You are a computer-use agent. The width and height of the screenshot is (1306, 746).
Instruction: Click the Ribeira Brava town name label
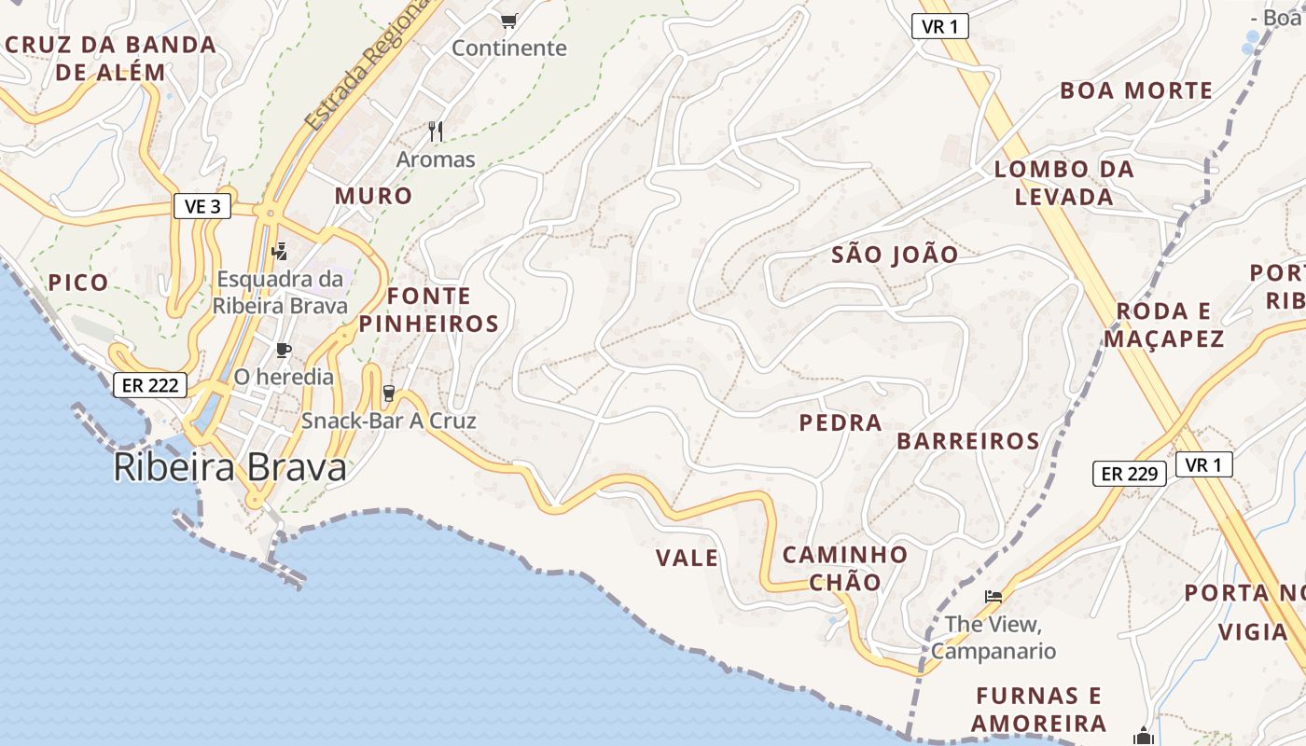coord(229,468)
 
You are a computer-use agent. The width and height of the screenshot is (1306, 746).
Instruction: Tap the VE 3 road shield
coord(202,206)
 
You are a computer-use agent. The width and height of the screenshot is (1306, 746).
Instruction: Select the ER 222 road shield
coord(149,385)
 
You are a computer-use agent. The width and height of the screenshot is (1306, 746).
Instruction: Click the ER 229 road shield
coord(1130,474)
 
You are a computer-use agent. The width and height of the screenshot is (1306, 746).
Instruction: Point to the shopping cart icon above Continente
coord(508,21)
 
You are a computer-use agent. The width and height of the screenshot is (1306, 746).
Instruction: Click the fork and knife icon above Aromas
coord(436,131)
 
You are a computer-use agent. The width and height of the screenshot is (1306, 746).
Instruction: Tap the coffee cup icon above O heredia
coord(284,351)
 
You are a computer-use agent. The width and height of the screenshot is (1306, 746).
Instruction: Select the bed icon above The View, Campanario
coord(993,596)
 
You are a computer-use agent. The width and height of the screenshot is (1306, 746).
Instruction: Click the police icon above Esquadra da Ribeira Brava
coord(279,250)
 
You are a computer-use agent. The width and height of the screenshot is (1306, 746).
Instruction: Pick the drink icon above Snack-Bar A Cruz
coord(389,394)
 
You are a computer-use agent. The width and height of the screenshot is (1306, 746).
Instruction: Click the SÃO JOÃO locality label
coord(895,255)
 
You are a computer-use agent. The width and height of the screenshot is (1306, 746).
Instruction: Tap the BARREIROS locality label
coord(968,441)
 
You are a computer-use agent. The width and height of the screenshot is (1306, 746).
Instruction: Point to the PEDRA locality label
coord(841,422)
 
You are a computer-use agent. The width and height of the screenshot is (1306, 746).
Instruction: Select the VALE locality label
coord(687,559)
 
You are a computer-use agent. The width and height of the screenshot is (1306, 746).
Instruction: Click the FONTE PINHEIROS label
coord(429,310)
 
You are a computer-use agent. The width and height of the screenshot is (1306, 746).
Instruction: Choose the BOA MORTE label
coord(1136,90)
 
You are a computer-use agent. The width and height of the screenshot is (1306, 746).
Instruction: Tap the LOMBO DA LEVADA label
coord(1064,183)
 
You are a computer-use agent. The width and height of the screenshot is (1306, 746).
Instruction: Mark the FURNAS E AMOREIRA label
coord(1038,709)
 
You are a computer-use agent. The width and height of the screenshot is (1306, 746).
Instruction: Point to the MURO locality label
coord(373,196)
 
